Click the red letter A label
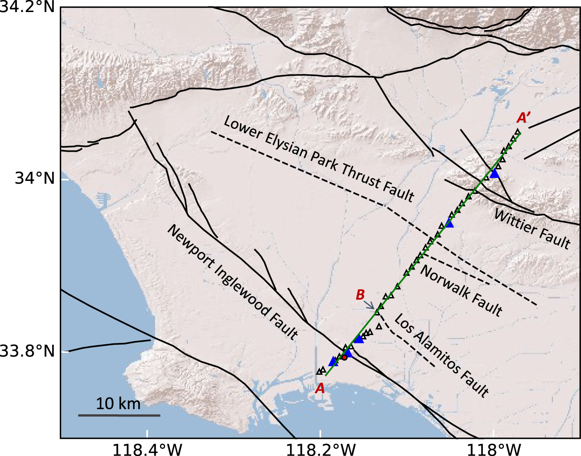[x=320, y=389]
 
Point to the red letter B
[x=360, y=295]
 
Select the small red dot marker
[x=344, y=357]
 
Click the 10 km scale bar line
[x=119, y=415]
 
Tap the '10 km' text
[x=118, y=404]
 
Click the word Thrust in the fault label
[x=361, y=176]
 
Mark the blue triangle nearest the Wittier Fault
[x=494, y=174]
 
